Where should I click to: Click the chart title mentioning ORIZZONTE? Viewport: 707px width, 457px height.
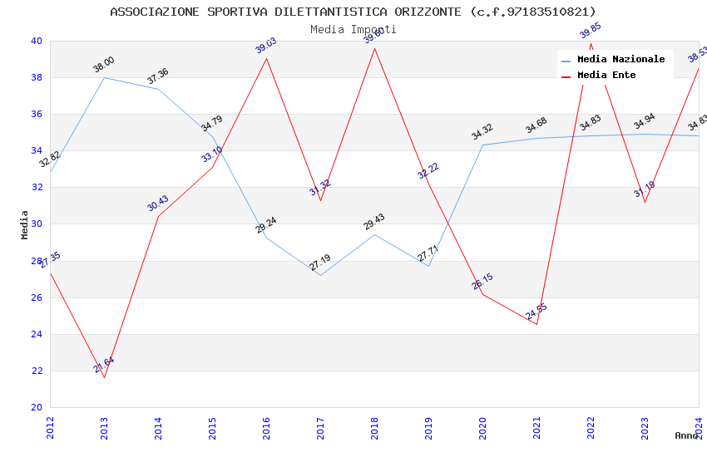point(353,12)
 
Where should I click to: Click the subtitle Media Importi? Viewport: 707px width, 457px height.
point(353,29)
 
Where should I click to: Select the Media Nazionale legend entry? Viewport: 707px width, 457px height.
point(620,60)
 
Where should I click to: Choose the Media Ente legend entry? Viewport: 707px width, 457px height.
point(606,76)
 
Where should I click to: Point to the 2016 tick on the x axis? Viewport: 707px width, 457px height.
point(266,427)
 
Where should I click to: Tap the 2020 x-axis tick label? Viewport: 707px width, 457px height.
point(482,427)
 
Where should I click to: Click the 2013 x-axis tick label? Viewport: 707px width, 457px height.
point(104,427)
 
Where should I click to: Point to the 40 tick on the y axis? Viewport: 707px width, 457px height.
point(37,41)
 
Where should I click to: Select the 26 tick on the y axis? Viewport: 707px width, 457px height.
point(37,297)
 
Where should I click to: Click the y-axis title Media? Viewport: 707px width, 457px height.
point(25,224)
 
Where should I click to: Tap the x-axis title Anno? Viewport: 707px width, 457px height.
point(686,435)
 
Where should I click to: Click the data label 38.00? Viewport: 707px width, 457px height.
point(104,65)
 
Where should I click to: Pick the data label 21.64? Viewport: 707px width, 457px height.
point(104,365)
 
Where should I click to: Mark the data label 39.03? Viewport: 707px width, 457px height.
point(266,46)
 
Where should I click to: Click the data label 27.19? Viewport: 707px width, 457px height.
point(320,263)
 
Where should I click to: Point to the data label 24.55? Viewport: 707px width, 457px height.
point(536,312)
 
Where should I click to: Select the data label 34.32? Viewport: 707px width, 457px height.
point(482,132)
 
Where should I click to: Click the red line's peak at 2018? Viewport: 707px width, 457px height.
point(374,48)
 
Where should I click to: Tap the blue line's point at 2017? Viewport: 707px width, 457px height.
point(320,275)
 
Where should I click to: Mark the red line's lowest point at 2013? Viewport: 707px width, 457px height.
point(104,377)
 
